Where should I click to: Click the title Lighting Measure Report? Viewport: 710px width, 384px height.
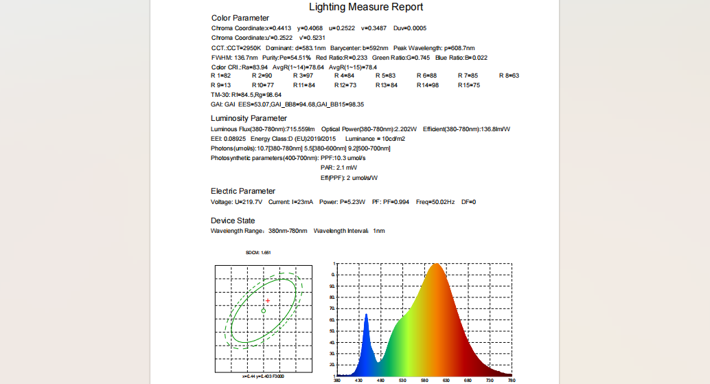(366, 8)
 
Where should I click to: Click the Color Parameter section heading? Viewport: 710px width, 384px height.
(240, 18)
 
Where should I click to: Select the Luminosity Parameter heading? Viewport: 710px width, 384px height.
(249, 118)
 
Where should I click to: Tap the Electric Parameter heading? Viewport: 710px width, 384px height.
(243, 191)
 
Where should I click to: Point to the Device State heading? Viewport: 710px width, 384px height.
(233, 221)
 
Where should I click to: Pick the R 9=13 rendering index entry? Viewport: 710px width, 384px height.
(221, 85)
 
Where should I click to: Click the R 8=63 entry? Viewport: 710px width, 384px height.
(509, 75)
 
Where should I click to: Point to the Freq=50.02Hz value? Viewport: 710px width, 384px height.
(435, 202)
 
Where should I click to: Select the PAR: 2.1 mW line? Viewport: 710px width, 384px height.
(339, 168)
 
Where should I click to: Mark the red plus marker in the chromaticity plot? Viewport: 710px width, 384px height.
(268, 301)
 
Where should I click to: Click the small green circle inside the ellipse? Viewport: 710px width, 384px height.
(264, 310)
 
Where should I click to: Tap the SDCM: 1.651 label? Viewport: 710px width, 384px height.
(258, 253)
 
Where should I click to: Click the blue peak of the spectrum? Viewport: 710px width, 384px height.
(366, 316)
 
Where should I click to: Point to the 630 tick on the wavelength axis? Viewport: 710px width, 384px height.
(446, 380)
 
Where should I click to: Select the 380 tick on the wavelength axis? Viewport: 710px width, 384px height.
(336, 380)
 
